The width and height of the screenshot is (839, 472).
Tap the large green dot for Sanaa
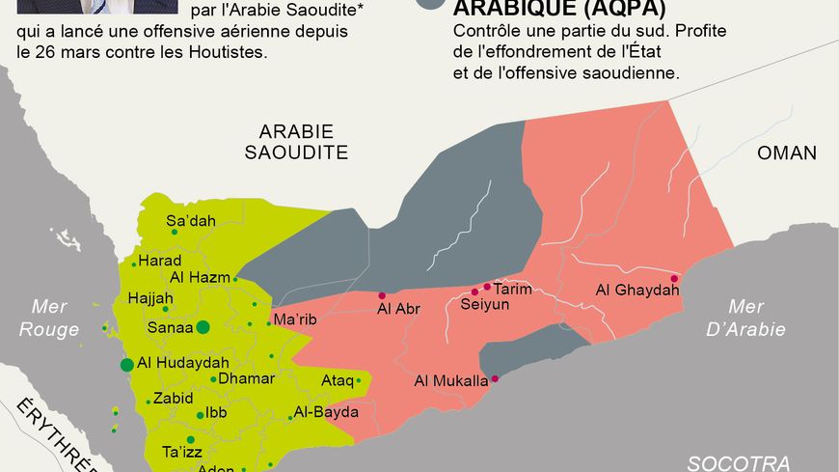point(203,327)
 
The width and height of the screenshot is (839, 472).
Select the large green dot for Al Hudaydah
point(126,364)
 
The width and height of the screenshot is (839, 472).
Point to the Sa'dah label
point(191,221)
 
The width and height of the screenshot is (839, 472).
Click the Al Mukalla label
point(450,380)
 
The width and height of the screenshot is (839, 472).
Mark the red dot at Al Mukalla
point(495,378)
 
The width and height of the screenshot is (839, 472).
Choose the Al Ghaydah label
point(631,290)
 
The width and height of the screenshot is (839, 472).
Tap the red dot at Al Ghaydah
point(674,279)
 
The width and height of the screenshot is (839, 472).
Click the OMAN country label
point(786,153)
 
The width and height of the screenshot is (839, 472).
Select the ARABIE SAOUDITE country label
point(295,141)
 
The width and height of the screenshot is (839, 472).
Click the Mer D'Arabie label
point(756,318)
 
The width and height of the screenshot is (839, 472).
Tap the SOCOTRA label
point(739,461)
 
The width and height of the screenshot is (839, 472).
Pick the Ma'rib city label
point(295,319)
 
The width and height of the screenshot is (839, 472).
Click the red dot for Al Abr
point(382,295)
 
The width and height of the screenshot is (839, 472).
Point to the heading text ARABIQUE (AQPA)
point(559,9)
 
